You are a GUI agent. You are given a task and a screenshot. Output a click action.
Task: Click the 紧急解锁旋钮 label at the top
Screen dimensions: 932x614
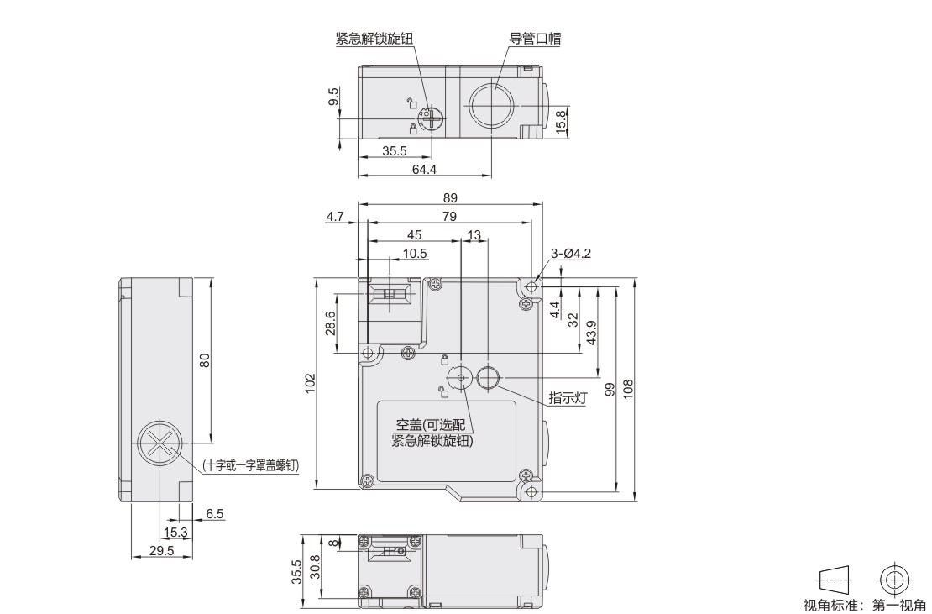(x=374, y=39)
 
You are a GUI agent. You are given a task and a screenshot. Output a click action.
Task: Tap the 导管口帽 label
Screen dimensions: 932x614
(x=535, y=39)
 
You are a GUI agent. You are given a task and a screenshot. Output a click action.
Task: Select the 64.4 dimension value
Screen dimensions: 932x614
(x=424, y=170)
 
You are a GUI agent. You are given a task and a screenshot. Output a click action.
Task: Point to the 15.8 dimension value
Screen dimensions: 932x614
(x=562, y=123)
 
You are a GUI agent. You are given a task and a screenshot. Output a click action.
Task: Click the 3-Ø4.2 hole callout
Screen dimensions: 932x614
(x=571, y=254)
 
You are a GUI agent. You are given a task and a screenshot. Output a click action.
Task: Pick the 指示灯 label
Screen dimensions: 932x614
(x=567, y=397)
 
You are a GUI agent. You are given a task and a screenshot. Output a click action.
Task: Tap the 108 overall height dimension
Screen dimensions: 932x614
(x=628, y=389)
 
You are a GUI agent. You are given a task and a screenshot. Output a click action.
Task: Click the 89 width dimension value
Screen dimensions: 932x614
(x=450, y=198)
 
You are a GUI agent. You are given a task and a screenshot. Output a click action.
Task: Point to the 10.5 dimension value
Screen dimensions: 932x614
(x=415, y=254)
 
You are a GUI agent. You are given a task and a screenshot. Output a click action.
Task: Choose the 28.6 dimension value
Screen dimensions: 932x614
(x=331, y=323)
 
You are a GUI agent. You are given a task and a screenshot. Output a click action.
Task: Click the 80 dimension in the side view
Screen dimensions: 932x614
(x=205, y=360)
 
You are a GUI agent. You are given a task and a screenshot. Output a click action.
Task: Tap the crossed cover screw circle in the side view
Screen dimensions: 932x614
(x=159, y=443)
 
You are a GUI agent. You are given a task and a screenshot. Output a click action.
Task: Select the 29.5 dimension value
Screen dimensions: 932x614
(x=162, y=550)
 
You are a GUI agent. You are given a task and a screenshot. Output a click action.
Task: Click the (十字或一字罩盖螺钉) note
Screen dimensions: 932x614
(x=251, y=465)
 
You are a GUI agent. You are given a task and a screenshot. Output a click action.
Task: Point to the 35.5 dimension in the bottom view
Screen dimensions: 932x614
(x=296, y=572)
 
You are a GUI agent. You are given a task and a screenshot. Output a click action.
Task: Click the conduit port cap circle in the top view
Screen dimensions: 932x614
(x=492, y=105)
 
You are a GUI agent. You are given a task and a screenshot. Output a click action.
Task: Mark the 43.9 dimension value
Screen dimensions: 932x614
(x=591, y=333)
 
